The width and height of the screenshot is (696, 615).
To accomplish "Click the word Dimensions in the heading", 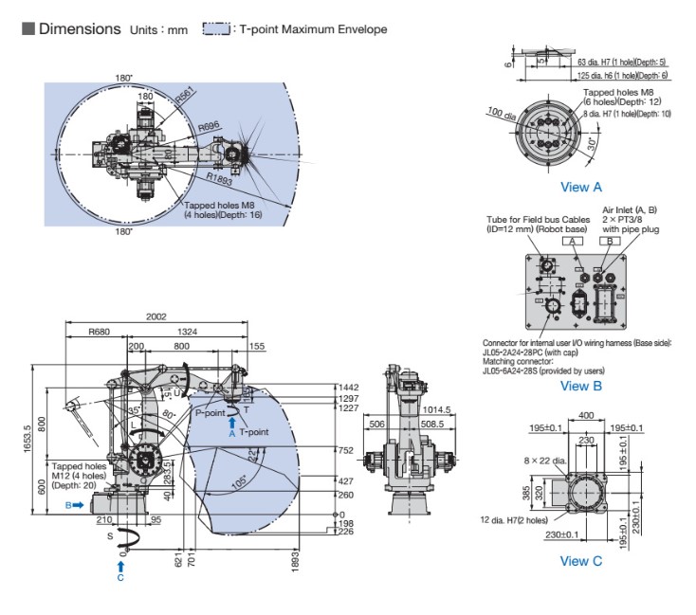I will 80,29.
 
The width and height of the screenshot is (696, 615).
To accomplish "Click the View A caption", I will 581,187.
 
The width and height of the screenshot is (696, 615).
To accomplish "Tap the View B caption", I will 581,386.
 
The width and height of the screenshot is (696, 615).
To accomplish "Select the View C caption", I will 581,561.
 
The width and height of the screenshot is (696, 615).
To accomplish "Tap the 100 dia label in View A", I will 499,115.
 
